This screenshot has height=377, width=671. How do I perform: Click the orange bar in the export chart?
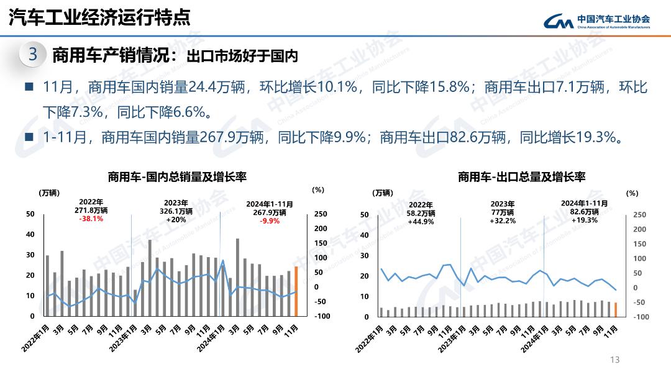[616, 309]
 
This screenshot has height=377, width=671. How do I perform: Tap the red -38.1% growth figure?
[91, 219]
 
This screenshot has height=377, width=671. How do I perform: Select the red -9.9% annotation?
[270, 220]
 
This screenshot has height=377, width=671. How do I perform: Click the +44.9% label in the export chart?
[421, 222]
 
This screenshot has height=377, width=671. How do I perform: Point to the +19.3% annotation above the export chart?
[584, 220]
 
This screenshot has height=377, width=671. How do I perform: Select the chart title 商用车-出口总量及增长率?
[521, 177]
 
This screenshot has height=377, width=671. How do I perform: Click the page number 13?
[615, 360]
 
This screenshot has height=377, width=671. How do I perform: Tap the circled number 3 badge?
[33, 55]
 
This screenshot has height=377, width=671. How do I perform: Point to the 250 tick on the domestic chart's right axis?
[321, 214]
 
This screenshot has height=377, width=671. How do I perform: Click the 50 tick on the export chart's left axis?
[365, 214]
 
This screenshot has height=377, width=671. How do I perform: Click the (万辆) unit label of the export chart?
[383, 193]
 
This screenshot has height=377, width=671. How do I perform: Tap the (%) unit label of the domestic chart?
[317, 189]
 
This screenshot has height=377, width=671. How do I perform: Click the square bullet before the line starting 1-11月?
[29, 137]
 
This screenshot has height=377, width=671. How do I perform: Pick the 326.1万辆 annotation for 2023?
[176, 211]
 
